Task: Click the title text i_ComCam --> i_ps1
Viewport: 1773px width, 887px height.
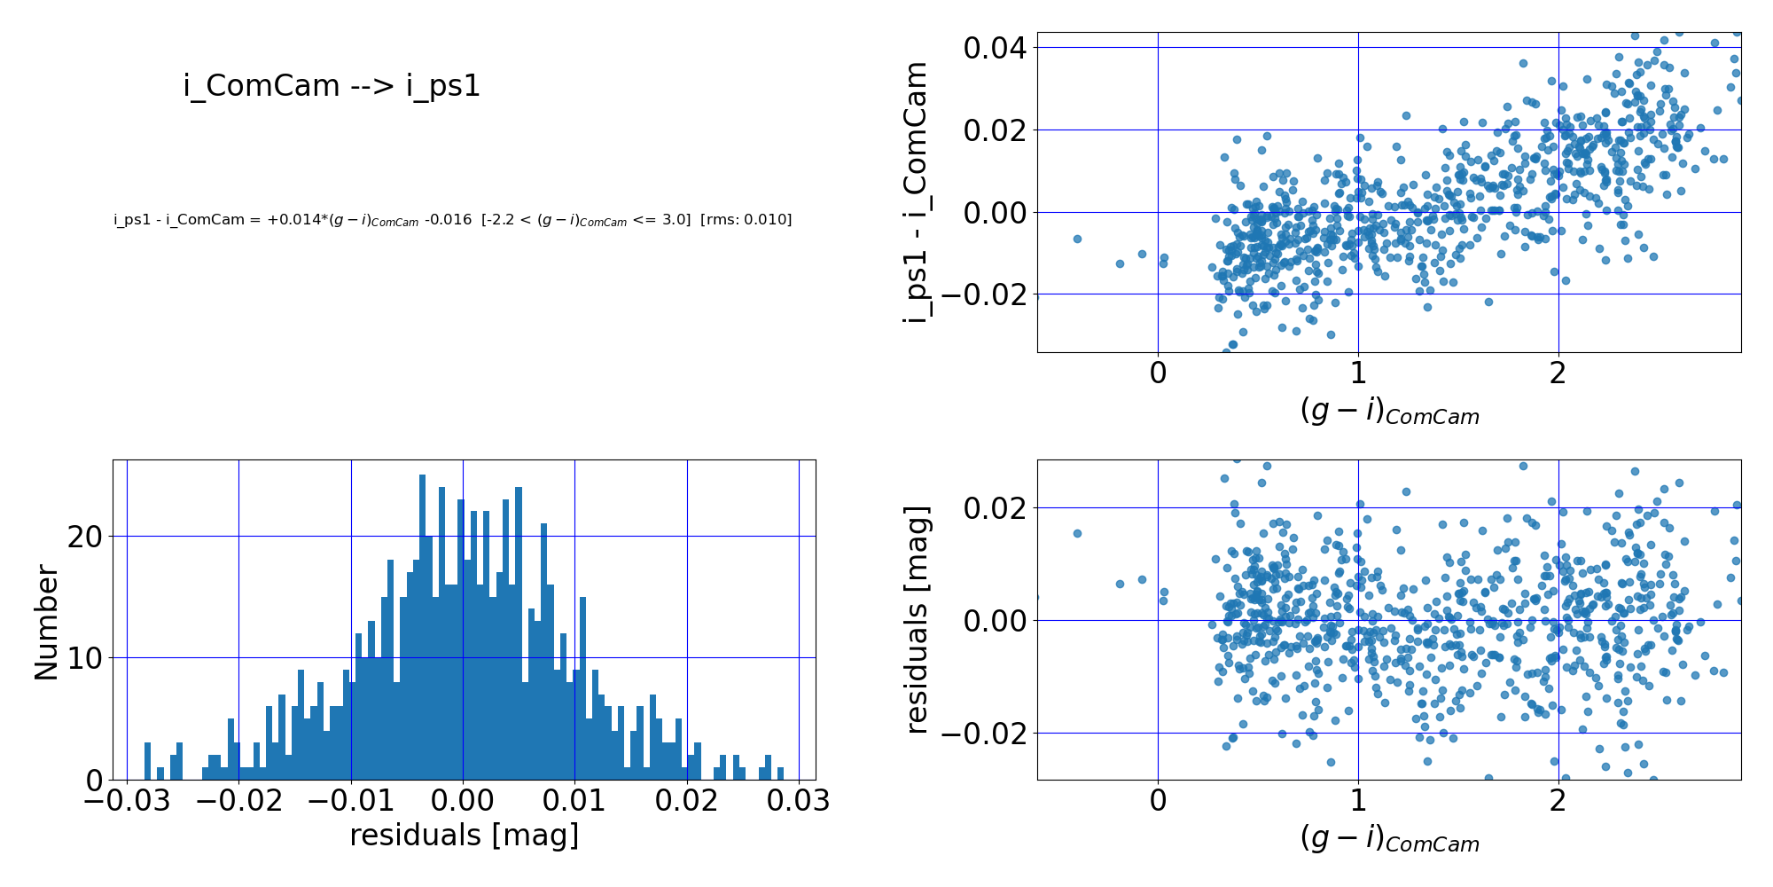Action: [332, 86]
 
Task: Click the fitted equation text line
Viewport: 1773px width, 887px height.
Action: [452, 220]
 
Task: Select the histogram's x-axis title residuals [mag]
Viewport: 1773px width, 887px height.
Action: [464, 835]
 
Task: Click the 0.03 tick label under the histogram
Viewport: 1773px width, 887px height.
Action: [798, 800]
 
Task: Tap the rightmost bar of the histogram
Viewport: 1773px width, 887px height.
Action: [780, 773]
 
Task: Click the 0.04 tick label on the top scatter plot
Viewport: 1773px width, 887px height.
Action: [995, 48]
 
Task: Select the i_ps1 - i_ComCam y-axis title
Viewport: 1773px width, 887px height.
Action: [915, 192]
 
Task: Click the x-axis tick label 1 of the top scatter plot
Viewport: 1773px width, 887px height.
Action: [1357, 373]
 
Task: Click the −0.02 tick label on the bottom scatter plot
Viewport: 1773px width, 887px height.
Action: [982, 734]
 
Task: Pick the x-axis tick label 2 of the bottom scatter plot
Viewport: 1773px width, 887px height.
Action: [1558, 800]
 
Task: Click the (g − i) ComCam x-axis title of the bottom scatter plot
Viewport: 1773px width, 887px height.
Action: [1389, 839]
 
